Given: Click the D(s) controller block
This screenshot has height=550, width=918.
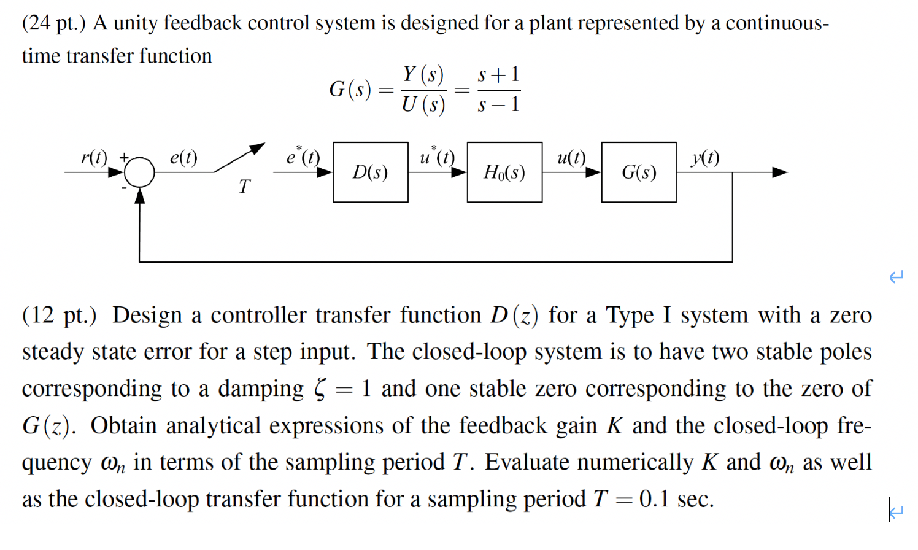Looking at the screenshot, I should pyautogui.click(x=370, y=172).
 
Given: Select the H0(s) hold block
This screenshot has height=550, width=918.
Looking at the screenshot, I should pyautogui.click(x=504, y=172).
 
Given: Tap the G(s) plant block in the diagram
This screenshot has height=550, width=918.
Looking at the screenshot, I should pyautogui.click(x=639, y=172).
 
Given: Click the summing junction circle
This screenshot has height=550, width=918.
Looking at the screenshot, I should pyautogui.click(x=141, y=172).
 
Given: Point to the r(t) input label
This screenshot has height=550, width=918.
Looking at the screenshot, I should pyautogui.click(x=94, y=158).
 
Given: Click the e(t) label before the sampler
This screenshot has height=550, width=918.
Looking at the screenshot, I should pyautogui.click(x=183, y=158).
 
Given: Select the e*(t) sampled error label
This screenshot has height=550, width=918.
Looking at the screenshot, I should pyautogui.click(x=303, y=157).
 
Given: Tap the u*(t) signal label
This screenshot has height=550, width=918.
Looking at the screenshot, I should pyautogui.click(x=437, y=157).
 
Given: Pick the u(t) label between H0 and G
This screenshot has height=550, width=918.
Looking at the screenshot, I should pyautogui.click(x=571, y=158).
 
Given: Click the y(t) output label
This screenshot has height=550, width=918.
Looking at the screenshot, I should pyautogui.click(x=704, y=158).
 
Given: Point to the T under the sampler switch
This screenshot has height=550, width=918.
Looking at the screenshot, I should pyautogui.click(x=245, y=186).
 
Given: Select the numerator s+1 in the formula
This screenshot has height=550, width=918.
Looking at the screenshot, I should pyautogui.click(x=498, y=75).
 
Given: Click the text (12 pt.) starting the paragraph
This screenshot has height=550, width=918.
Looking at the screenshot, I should pyautogui.click(x=60, y=316).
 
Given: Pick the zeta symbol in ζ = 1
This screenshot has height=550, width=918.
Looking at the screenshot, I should pyautogui.click(x=320, y=389).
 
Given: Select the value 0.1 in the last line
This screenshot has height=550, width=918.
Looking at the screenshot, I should pyautogui.click(x=654, y=499).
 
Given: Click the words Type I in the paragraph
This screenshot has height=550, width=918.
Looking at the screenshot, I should pyautogui.click(x=638, y=316).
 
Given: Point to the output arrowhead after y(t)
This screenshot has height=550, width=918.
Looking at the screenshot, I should pyautogui.click(x=779, y=172).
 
